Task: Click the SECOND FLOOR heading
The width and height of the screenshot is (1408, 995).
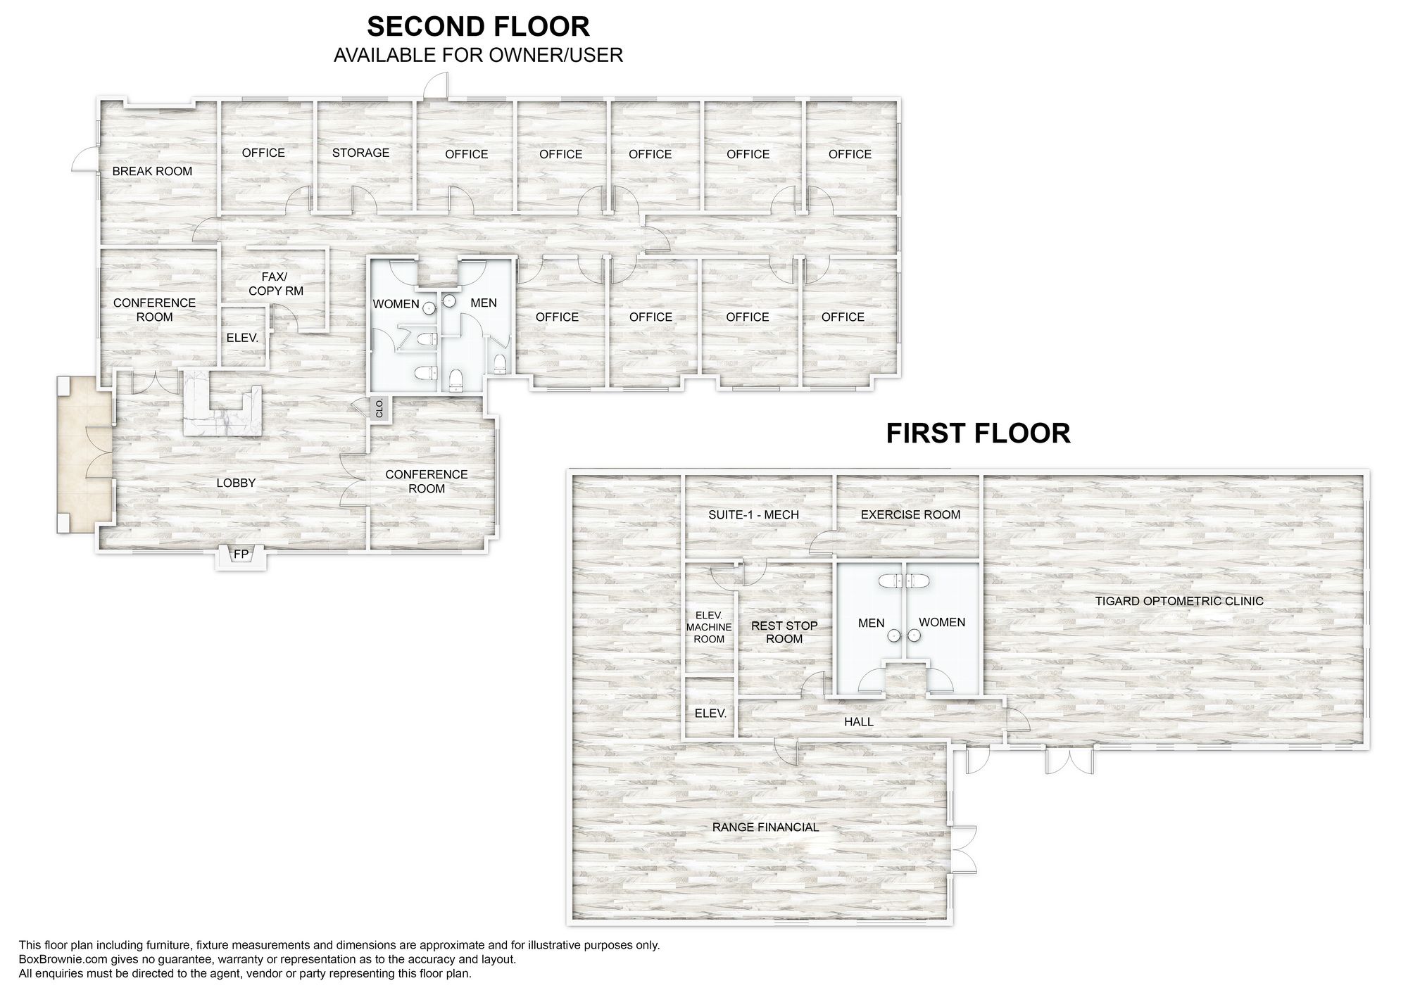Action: coord(479,27)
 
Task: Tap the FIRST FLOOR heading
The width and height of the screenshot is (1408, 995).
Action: coord(978,433)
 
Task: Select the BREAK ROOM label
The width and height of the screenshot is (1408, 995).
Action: coord(152,171)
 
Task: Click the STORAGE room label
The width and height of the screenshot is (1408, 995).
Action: coord(360,153)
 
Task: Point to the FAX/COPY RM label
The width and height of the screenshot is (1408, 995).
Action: coord(276,284)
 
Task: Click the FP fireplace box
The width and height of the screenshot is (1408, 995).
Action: coord(241,555)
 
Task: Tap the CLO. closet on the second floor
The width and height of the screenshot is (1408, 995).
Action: coord(379,409)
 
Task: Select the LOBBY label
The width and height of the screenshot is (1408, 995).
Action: coord(236,483)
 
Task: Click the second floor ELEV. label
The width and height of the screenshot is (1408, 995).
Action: coord(242,338)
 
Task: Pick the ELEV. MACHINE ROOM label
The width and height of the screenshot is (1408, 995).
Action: coord(709,627)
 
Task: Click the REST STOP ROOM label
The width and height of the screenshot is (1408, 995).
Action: coord(784,632)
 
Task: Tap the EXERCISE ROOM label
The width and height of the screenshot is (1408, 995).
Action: coord(910,514)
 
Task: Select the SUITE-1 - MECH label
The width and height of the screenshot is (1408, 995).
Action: coord(753,514)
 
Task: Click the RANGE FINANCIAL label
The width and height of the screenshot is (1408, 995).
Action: coord(766,828)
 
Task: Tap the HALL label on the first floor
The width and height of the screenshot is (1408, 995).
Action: coord(859,722)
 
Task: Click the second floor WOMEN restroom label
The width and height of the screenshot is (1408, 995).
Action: coord(396,304)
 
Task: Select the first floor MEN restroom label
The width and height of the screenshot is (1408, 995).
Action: coord(871,623)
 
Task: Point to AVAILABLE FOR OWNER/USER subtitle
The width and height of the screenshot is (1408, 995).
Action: coord(479,56)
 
